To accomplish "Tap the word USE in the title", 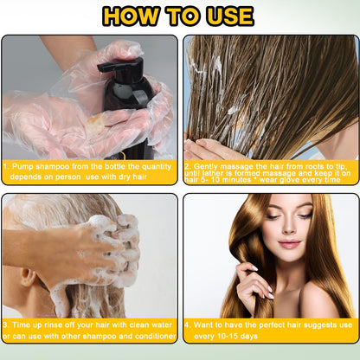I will point(225,16).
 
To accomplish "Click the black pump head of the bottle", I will point(121,67).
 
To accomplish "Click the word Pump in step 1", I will point(22,164).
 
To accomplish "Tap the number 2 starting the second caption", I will point(187,164).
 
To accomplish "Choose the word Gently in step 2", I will point(209,164).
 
